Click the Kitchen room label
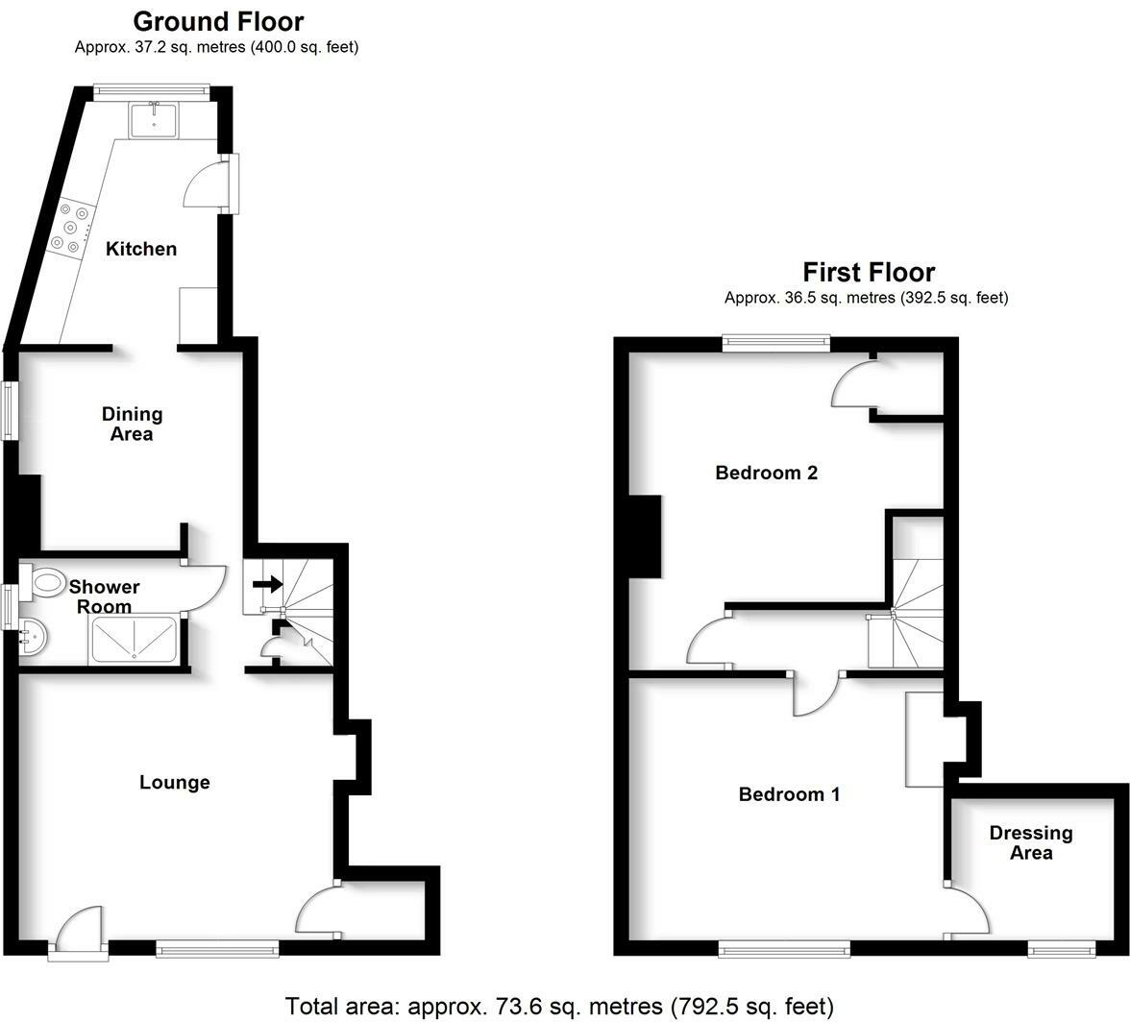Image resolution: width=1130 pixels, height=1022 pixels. [x=141, y=249]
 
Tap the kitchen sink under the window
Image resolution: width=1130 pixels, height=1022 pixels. [x=154, y=120]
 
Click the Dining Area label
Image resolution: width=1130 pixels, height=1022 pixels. [x=133, y=424]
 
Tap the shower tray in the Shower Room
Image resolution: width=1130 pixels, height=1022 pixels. [x=134, y=640]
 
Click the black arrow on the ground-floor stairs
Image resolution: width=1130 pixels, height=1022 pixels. [x=268, y=583]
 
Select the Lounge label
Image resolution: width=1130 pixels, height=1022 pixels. [x=175, y=782]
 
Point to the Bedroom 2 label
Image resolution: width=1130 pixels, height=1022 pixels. [x=767, y=473]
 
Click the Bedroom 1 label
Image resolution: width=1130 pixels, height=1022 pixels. [x=789, y=794]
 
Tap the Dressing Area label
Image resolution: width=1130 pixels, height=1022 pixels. [x=1031, y=842]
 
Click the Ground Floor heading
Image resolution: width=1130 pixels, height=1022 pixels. [x=218, y=21]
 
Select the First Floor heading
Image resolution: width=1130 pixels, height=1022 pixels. [x=869, y=272]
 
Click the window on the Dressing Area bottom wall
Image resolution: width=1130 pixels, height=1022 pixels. [x=1061, y=950]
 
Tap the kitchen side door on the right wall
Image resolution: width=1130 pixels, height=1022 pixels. [x=207, y=184]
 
